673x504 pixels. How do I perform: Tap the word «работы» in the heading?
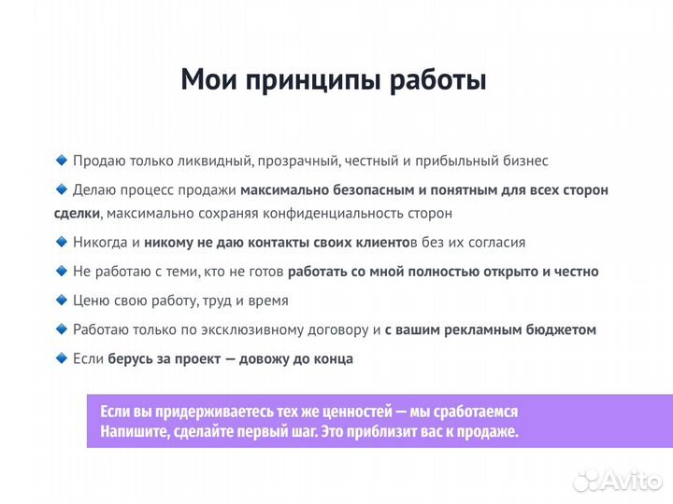click(437, 80)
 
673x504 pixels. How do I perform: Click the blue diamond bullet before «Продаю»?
click(62, 161)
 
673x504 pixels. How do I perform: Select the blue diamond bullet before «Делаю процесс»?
click(62, 189)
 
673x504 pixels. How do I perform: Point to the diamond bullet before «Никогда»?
click(62, 242)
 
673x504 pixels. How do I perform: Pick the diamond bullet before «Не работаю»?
click(62, 272)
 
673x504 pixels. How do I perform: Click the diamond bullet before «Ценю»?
click(62, 301)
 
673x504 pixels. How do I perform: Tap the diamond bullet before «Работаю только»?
click(62, 329)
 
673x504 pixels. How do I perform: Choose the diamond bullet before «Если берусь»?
click(62, 358)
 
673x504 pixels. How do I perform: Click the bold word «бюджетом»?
click(562, 330)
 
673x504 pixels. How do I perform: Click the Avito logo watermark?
click(618, 480)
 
